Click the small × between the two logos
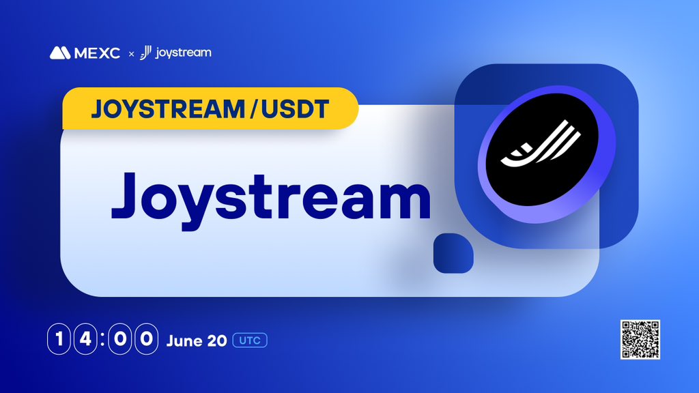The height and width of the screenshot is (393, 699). point(132,53)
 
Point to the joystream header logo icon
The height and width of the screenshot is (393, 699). point(145,53)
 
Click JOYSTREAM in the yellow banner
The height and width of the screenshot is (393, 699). point(165,109)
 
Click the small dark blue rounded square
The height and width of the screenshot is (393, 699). point(453,252)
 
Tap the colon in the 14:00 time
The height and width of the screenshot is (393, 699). point(102,340)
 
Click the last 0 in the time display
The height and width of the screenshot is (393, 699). point(146,340)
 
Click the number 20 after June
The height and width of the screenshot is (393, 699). point(216,340)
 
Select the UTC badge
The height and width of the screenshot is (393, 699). point(250,340)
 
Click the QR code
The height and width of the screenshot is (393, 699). point(640,339)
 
